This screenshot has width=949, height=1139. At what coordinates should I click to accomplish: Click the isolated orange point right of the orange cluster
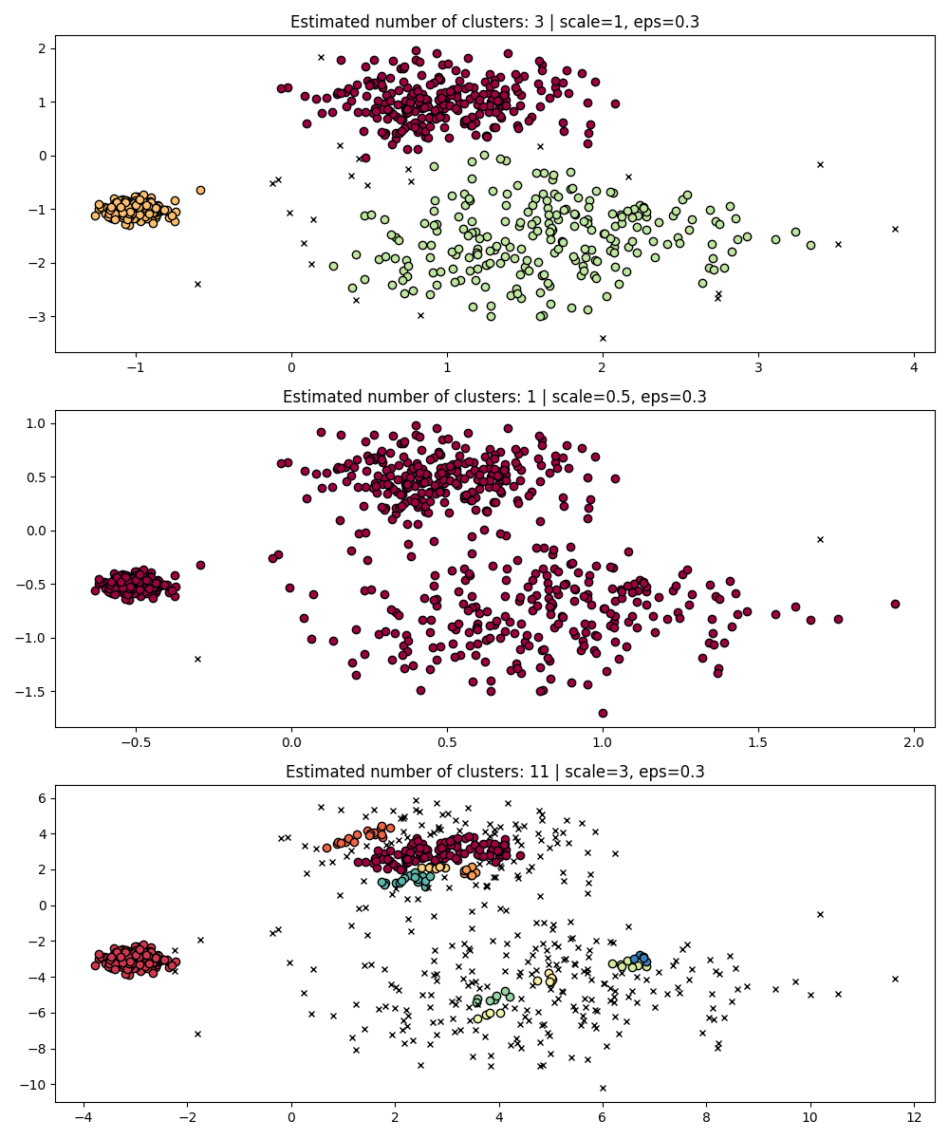point(200,190)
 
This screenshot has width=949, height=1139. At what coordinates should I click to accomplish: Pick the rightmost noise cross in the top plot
point(895,229)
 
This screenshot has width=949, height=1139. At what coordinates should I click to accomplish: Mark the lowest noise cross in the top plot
point(603,338)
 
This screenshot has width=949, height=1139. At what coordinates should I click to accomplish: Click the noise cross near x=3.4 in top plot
point(820,164)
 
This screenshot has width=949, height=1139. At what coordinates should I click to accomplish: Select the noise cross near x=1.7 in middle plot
point(820,539)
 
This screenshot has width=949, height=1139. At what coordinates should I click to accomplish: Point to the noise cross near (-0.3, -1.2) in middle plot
point(197,659)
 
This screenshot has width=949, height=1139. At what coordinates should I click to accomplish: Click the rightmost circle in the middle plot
point(895,604)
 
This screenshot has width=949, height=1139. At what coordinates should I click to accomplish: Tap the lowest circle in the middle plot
point(603,713)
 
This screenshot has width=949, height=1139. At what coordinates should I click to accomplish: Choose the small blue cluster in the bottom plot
point(642,958)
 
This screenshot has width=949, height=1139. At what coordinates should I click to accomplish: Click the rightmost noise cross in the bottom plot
point(895,979)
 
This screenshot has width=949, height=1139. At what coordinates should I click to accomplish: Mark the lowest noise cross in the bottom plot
point(603,1088)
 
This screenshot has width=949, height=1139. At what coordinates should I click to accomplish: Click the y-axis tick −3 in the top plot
point(38,316)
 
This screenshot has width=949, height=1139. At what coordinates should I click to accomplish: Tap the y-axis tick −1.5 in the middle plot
point(32,691)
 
